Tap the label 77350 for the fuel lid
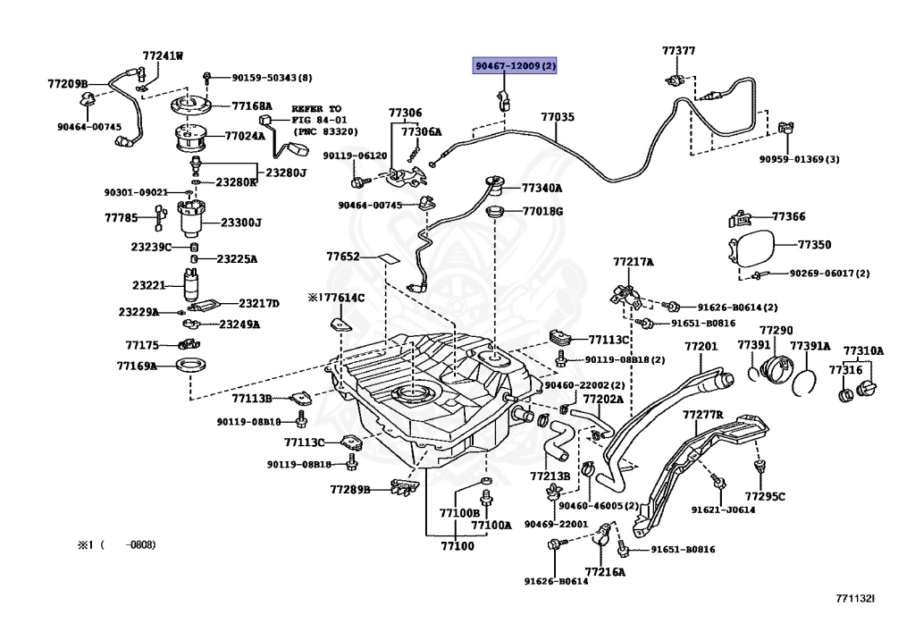814,244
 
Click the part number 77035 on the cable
558,117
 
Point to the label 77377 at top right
678,51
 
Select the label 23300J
241,223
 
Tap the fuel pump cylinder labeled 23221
190,285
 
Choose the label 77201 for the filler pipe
701,347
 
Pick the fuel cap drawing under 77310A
866,389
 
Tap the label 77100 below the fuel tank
457,545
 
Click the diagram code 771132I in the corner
855,599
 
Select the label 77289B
349,490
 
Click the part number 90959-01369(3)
800,159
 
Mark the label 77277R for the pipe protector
702,416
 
